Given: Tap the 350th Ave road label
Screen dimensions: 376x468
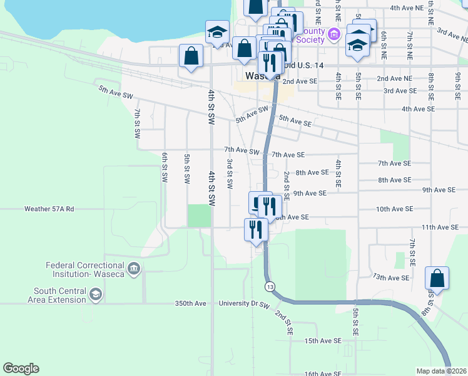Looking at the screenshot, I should pyautogui.click(x=190, y=303).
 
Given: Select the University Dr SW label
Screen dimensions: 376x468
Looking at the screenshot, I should pyautogui.click(x=244, y=303).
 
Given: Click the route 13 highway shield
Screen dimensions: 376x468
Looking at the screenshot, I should pyautogui.click(x=270, y=286).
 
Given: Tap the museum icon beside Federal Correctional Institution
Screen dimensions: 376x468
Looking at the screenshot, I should pyautogui.click(x=133, y=269).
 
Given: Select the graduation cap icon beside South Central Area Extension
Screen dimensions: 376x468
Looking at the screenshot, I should pyautogui.click(x=95, y=295).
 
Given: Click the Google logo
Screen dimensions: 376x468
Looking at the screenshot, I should pyautogui.click(x=21, y=368).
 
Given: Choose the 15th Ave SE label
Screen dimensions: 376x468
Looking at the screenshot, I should pyautogui.click(x=323, y=340).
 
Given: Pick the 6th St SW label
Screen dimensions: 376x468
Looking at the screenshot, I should pyautogui.click(x=165, y=167).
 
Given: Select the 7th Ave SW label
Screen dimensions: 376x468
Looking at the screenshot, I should pyautogui.click(x=242, y=152).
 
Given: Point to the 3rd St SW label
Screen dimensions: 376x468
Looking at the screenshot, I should pyautogui.click(x=230, y=174).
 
